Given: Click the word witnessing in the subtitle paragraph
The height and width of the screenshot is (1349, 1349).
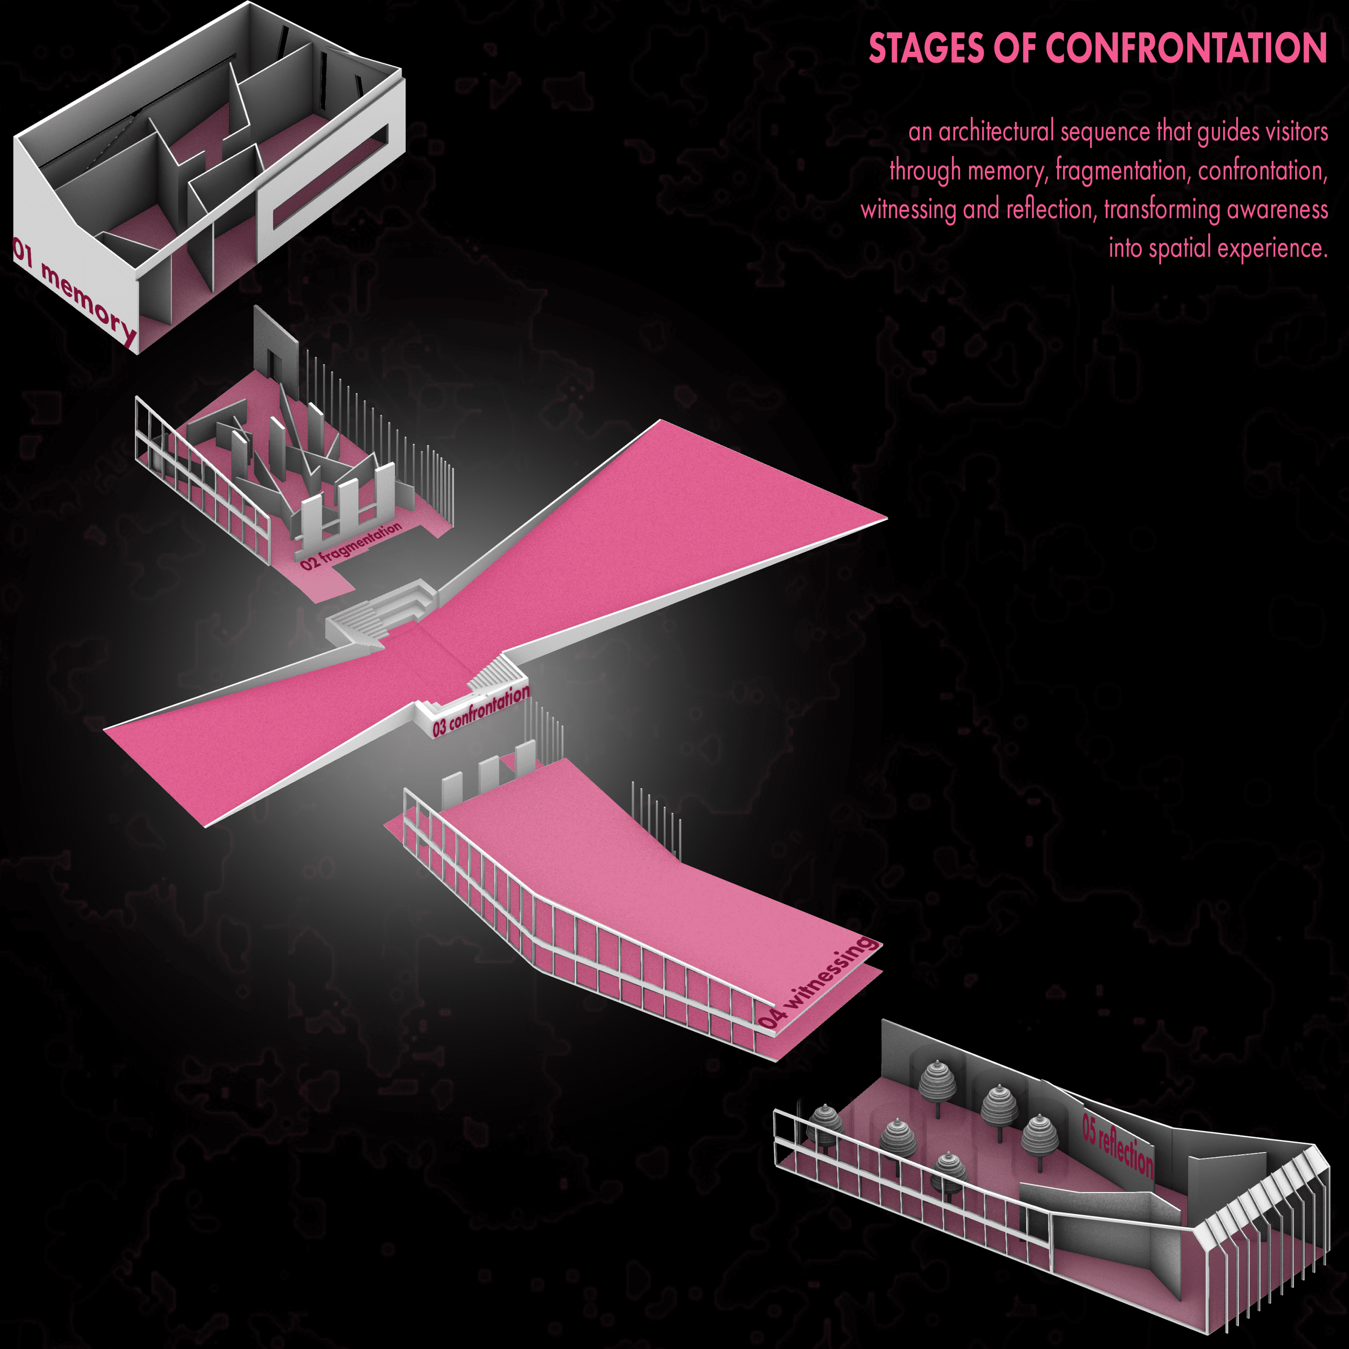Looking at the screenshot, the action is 908,210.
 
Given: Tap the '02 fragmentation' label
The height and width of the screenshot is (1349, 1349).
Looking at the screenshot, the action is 351,546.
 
